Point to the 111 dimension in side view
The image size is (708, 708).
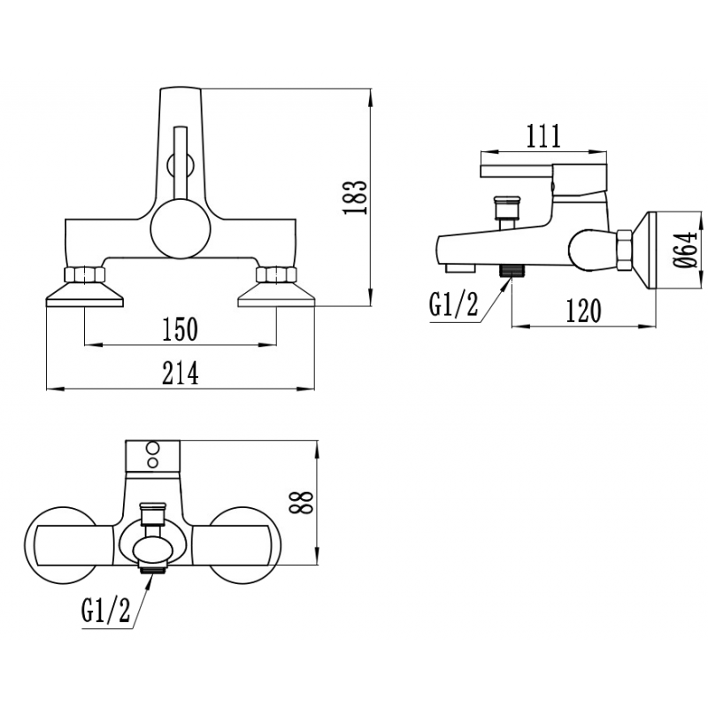543,136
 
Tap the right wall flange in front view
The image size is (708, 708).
275,296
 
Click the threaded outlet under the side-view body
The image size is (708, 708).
510,270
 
